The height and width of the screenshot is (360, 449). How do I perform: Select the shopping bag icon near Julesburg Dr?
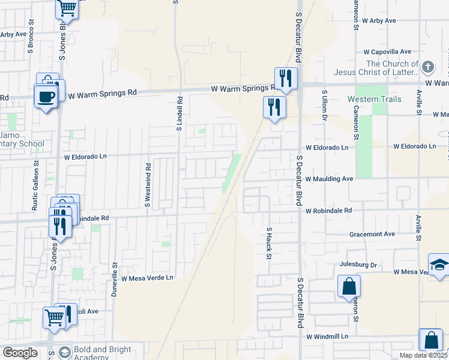(x=349, y=286)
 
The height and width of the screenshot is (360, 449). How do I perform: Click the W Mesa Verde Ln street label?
(x=147, y=278)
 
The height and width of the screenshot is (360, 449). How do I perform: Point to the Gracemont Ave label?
(x=372, y=233)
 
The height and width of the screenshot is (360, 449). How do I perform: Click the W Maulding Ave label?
(x=329, y=179)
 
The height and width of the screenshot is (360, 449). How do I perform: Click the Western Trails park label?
(x=372, y=98)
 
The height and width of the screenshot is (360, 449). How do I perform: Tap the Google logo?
(x=20, y=352)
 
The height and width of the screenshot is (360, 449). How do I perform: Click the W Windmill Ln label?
(x=327, y=337)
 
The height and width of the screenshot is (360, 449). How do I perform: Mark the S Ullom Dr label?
(x=324, y=105)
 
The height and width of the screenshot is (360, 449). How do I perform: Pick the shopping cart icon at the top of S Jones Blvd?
(x=67, y=8)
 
